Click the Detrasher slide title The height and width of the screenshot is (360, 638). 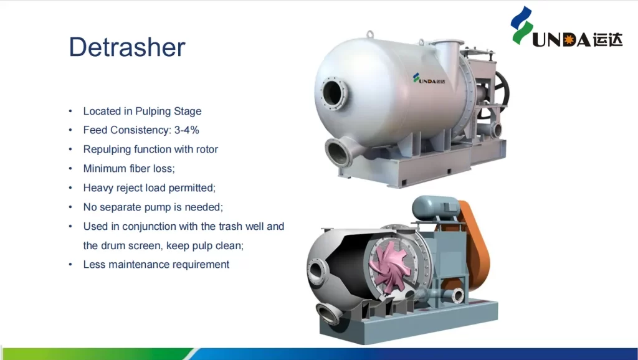point(127,47)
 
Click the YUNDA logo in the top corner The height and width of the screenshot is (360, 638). point(566,27)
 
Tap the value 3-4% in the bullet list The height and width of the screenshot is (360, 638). point(187,130)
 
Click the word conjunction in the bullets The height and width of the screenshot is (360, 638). point(149,227)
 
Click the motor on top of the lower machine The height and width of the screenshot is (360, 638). point(436,207)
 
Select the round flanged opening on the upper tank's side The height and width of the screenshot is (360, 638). point(334,93)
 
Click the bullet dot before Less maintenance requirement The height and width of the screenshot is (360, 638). point(70,265)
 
